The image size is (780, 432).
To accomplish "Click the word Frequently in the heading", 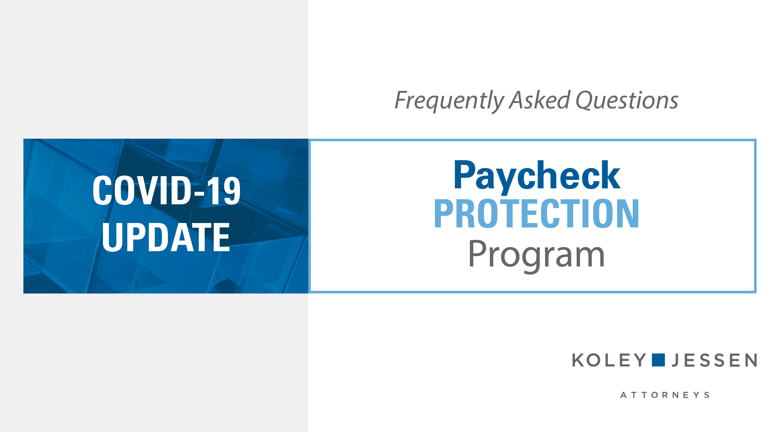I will [x=449, y=101].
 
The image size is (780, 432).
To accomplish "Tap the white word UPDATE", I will [x=166, y=237].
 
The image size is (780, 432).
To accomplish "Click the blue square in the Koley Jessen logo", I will [x=658, y=360].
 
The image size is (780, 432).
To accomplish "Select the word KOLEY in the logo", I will [x=609, y=360].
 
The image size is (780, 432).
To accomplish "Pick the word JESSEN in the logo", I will [x=714, y=360].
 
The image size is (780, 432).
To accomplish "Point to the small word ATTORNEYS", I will [x=665, y=395].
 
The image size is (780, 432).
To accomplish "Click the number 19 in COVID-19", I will [x=223, y=190].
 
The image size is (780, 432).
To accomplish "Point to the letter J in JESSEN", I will [x=676, y=360].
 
